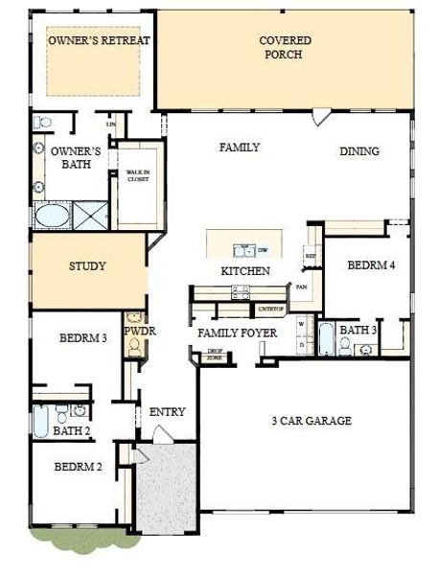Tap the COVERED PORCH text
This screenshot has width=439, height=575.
[281, 48]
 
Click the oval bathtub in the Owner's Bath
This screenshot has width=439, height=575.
[50, 215]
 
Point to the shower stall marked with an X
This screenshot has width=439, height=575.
[90, 214]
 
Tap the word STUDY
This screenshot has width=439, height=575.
[87, 266]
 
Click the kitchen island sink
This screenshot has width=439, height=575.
[248, 251]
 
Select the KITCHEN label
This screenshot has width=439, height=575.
[245, 272]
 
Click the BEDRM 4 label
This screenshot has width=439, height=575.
[370, 264]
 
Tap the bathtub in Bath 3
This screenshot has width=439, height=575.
[325, 340]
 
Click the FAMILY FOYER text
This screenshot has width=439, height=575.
[238, 333]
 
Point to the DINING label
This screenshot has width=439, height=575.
[358, 151]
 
